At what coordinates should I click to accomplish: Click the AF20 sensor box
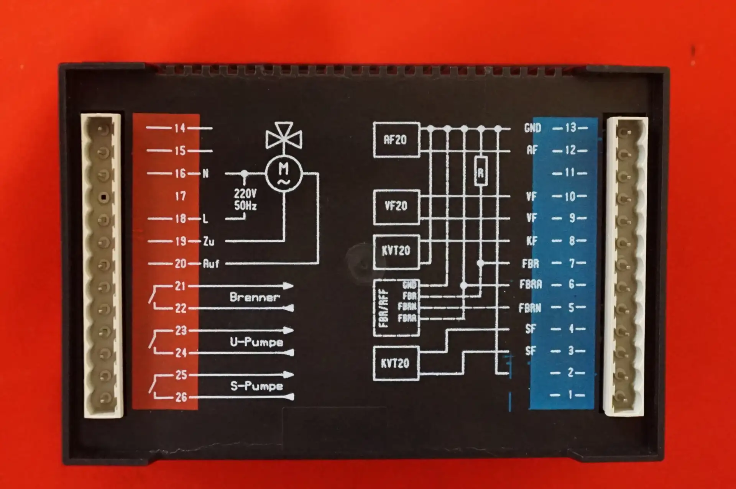(x=396, y=140)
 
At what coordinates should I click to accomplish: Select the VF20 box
(x=396, y=207)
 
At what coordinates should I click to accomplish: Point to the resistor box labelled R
(x=481, y=172)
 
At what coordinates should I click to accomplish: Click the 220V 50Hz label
(x=245, y=200)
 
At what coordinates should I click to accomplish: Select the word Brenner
(x=255, y=297)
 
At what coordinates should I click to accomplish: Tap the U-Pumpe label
(x=256, y=342)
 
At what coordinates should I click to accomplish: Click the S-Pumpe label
(x=256, y=386)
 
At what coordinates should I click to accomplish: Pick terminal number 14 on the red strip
(x=180, y=128)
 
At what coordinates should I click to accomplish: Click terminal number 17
(x=180, y=196)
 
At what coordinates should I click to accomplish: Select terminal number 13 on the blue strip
(x=570, y=128)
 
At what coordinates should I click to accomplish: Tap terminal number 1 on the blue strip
(x=570, y=394)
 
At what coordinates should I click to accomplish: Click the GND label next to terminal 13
(x=532, y=128)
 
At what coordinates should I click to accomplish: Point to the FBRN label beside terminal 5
(x=530, y=308)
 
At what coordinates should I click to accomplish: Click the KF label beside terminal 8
(x=532, y=241)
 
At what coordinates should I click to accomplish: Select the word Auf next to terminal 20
(x=211, y=264)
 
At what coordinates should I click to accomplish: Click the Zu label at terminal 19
(x=209, y=241)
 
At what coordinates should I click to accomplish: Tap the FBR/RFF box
(x=396, y=308)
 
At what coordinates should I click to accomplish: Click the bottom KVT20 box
(x=395, y=363)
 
